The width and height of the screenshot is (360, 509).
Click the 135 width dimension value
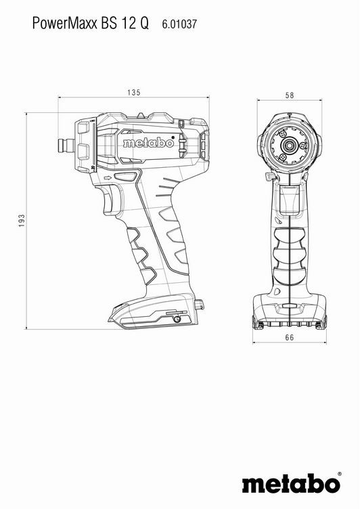click(x=134, y=93)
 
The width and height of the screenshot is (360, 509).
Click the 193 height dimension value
click(x=22, y=221)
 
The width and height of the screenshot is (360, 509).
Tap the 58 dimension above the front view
click(x=290, y=95)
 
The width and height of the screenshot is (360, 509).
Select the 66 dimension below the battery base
click(x=290, y=338)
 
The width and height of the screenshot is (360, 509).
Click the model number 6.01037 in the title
click(x=179, y=24)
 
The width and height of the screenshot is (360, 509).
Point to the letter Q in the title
click(x=144, y=24)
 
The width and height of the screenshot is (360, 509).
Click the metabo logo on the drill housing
click(x=148, y=143)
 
